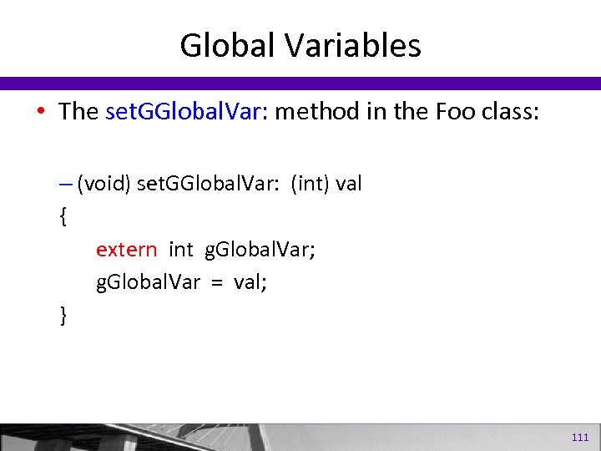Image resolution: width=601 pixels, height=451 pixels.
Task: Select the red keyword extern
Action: tap(126, 250)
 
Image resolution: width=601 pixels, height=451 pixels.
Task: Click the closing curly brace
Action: tap(63, 316)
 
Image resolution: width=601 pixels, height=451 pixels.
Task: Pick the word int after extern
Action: tap(181, 250)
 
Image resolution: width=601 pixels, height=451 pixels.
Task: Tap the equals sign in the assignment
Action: tap(216, 282)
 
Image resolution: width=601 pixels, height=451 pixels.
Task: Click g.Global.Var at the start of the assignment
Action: tap(148, 282)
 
